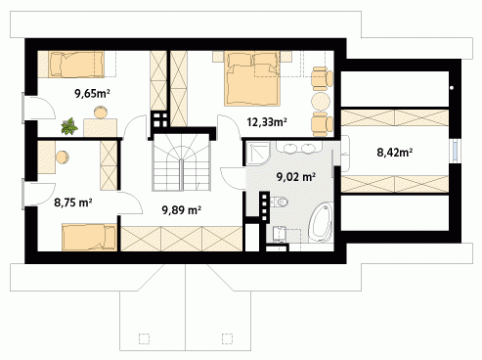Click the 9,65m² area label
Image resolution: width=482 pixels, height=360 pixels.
92,94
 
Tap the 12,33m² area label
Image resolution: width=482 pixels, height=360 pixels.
267,122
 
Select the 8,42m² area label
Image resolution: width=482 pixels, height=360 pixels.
395,153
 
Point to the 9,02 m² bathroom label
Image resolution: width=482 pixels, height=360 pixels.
296,177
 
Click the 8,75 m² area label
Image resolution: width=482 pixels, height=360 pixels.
73,202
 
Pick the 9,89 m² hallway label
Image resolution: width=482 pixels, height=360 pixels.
181,210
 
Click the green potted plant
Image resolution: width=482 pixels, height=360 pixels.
69,126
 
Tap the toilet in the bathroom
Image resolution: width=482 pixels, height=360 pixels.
280,202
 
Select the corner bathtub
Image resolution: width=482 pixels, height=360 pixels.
320,222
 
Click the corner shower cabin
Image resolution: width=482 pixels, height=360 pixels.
257,153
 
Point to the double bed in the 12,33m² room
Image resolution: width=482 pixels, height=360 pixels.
252,78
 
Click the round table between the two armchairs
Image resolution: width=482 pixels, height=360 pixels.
321,102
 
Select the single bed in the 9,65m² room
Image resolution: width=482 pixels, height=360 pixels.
76,65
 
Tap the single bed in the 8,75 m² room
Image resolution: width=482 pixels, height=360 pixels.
89,237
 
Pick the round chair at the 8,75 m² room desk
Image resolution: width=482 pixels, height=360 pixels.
63,157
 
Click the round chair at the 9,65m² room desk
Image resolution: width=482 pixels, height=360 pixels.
101,112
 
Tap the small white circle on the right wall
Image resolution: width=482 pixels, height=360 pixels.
452,88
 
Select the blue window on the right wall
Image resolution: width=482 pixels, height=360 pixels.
456,151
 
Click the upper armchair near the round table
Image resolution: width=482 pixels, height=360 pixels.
322,78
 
